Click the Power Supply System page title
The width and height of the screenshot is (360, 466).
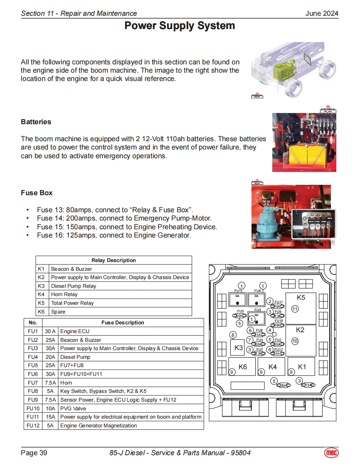pyautogui.click(x=180, y=26)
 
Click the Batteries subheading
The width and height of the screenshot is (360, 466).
pyautogui.click(x=36, y=122)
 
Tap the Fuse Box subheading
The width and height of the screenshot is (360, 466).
pyautogui.click(x=37, y=193)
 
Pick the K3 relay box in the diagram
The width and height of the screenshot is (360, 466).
pyautogui.click(x=238, y=348)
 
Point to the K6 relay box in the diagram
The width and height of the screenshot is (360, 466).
pyautogui.click(x=242, y=366)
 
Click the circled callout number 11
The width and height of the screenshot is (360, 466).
pyautogui.click(x=295, y=309)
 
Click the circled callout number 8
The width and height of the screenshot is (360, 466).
pyautogui.click(x=233, y=335)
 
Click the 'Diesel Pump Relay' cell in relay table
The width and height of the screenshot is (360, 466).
pyautogui.click(x=74, y=286)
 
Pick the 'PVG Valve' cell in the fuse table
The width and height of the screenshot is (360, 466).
pyautogui.click(x=73, y=408)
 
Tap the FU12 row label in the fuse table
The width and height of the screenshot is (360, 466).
pyautogui.click(x=33, y=426)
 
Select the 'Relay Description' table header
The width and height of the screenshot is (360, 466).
pyautogui.click(x=113, y=260)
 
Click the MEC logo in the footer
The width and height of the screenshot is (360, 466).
pyautogui.click(x=331, y=452)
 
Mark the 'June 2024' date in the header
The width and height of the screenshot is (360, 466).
pyautogui.click(x=322, y=13)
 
